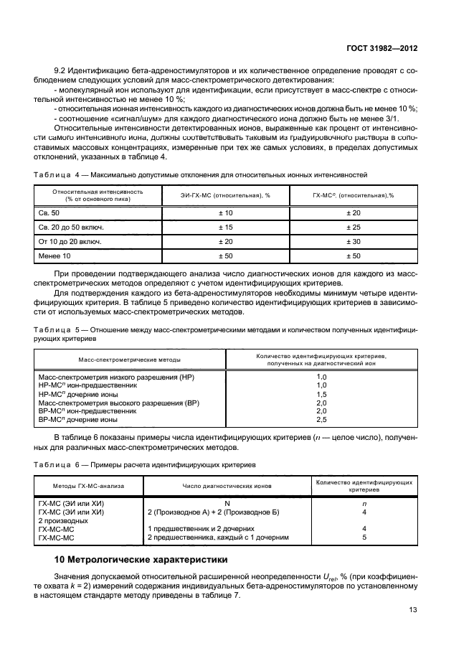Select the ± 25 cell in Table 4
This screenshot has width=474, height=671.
pos(354,227)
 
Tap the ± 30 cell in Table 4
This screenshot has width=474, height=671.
pos(354,241)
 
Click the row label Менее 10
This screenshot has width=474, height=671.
pos(55,256)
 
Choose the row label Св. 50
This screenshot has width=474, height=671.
pos(51,213)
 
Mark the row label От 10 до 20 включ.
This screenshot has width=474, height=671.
pos(70,241)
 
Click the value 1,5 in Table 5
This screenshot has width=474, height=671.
pos(321,395)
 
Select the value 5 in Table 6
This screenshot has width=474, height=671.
pos(364,536)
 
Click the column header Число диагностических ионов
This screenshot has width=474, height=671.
pos(227,485)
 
